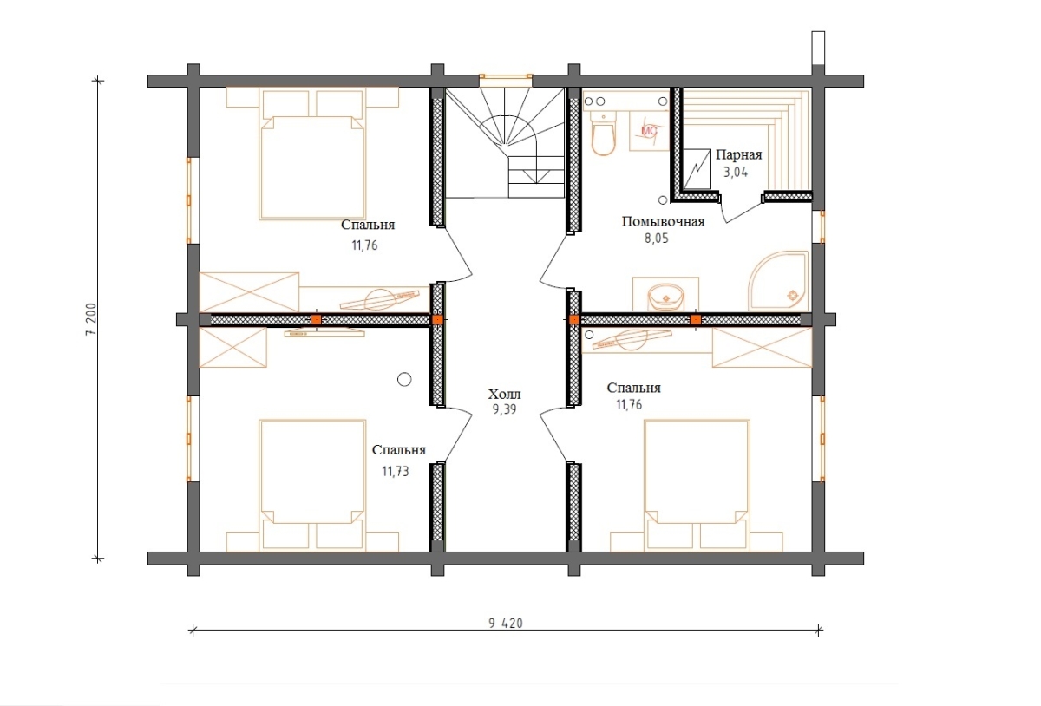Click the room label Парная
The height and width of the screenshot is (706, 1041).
click(x=738, y=154)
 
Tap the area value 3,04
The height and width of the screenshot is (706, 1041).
click(x=736, y=173)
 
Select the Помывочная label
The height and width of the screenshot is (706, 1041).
click(x=663, y=222)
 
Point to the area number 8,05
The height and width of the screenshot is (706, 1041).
click(x=656, y=239)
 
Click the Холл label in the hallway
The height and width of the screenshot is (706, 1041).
click(x=504, y=395)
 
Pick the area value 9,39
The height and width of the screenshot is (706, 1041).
click(x=504, y=409)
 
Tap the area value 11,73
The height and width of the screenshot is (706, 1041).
click(x=396, y=472)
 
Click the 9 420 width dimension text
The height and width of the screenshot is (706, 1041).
click(x=506, y=624)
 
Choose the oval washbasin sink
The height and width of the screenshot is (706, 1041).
click(x=666, y=297)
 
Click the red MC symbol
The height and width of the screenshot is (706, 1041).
click(x=649, y=131)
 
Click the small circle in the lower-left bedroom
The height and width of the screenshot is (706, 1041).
click(x=404, y=380)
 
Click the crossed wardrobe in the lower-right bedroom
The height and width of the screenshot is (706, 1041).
click(x=763, y=347)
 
